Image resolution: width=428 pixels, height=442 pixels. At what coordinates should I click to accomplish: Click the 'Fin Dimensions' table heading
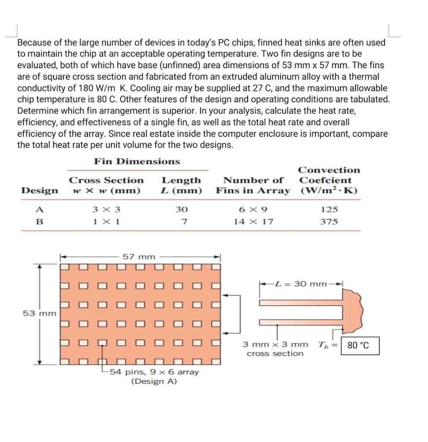137,161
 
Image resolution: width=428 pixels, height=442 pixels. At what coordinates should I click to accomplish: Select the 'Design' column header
40,190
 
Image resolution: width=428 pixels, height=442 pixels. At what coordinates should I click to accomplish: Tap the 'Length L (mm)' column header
181,185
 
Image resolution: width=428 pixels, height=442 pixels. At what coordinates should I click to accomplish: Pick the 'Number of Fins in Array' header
253,185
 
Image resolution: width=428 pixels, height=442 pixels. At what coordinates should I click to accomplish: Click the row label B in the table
40,221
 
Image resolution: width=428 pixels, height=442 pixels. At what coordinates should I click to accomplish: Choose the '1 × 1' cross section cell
106,221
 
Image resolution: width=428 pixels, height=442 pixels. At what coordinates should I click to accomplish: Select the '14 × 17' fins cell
253,221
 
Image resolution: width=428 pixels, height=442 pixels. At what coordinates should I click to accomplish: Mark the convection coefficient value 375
329,221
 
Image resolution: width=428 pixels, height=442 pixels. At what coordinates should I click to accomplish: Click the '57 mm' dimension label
138,257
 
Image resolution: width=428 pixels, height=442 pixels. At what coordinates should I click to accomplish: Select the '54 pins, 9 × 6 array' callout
154,372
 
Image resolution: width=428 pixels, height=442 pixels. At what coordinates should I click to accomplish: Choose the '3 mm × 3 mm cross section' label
275,349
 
